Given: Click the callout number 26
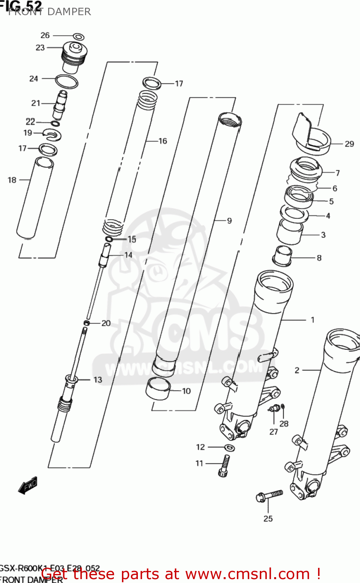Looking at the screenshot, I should pos(45,35).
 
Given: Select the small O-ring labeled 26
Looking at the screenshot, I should pos(79,37).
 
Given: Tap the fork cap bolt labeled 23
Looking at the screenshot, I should pos(74,57).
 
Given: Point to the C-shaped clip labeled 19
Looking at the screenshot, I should pos(52,134).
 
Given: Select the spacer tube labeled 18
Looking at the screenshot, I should pos(35,198).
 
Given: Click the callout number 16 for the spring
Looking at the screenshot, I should pos(163,141).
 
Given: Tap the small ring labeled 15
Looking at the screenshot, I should pos(109,239).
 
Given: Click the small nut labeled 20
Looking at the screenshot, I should pos(87,323).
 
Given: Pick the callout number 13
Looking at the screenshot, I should pos(98,380).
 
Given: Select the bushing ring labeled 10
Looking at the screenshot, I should pos(158,389).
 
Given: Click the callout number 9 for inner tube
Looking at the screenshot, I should pos(229,221).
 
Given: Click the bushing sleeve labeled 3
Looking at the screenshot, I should pos(289,232).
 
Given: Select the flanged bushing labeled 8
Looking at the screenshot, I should pos(282,256).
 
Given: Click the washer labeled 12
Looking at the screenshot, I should pos(230,447).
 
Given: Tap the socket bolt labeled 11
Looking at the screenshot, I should pos(224,466).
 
